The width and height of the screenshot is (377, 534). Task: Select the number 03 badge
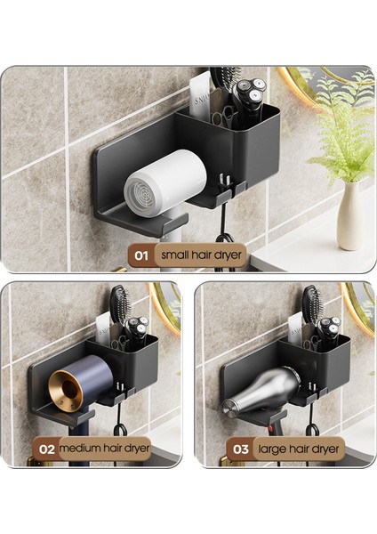241,449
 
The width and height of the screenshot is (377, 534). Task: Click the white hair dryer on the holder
164,182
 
